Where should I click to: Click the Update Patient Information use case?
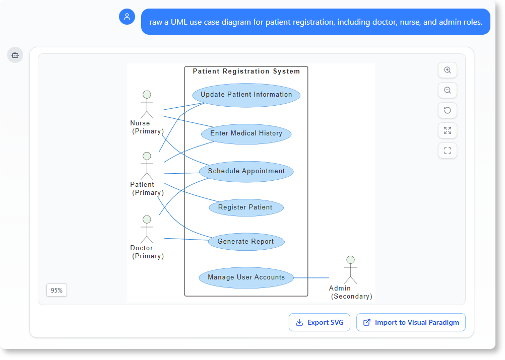click(x=246, y=95)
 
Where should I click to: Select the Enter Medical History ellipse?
click(x=246, y=133)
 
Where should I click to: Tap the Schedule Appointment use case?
click(x=246, y=171)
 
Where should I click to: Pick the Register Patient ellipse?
click(x=246, y=207)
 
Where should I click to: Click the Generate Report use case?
click(x=246, y=242)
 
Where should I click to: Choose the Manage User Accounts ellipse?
click(x=246, y=277)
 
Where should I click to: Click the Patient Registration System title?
click(x=246, y=71)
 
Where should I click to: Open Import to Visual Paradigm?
click(x=411, y=322)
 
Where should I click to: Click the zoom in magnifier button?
click(x=448, y=70)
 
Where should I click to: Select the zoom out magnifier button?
click(x=448, y=90)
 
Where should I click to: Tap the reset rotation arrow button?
click(x=448, y=110)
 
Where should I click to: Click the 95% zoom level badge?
click(x=56, y=291)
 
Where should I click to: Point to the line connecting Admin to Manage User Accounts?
click(x=311, y=277)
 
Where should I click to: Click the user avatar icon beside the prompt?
click(x=127, y=17)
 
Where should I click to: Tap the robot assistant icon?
click(x=15, y=55)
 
